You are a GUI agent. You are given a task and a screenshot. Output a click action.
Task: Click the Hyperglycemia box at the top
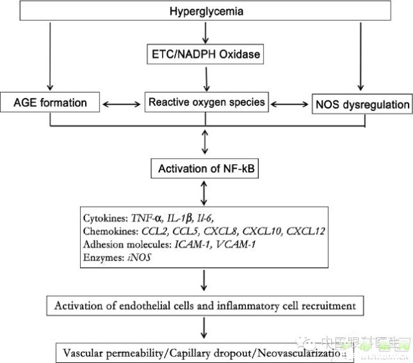205,11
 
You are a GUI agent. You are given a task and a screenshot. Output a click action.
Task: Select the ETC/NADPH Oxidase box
205,55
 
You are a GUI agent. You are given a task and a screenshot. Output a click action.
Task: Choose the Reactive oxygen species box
205,101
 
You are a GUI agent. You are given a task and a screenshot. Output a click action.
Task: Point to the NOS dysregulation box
361,103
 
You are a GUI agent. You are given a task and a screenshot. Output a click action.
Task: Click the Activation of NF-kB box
205,170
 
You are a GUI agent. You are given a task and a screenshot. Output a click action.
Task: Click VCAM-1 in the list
239,244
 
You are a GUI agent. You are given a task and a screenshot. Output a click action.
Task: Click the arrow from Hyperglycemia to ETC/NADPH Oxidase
205,32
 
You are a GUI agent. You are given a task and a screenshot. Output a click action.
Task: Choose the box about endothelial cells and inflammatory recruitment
205,304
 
